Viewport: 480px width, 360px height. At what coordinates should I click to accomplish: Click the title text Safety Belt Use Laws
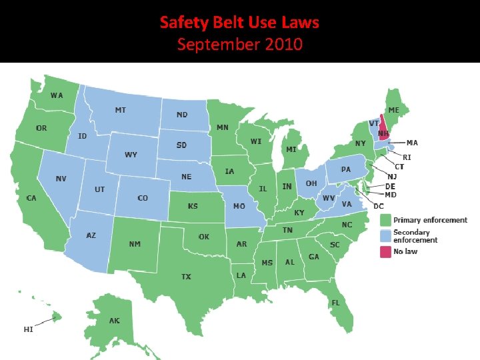pyautogui.click(x=239, y=23)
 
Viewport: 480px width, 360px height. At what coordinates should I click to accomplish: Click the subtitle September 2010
pyautogui.click(x=239, y=45)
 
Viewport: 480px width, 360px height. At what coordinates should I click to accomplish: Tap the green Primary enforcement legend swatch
pyautogui.click(x=385, y=220)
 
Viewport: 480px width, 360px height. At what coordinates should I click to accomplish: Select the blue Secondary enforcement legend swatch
pyautogui.click(x=385, y=236)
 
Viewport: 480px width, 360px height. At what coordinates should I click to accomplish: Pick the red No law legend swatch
pyautogui.click(x=385, y=252)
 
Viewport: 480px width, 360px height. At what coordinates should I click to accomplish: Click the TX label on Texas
pyautogui.click(x=187, y=276)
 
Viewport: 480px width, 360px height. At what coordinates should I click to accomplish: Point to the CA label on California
pyautogui.click(x=31, y=198)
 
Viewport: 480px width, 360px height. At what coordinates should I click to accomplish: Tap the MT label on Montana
pyautogui.click(x=121, y=110)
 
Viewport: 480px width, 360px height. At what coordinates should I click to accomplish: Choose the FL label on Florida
pyautogui.click(x=336, y=302)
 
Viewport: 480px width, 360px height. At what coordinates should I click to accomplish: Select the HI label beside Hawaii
pyautogui.click(x=29, y=329)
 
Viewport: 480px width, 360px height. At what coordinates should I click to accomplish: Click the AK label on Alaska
pyautogui.click(x=115, y=321)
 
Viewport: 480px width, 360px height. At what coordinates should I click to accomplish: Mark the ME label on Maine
pyautogui.click(x=394, y=110)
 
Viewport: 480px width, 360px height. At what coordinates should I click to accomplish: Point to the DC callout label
pyautogui.click(x=379, y=206)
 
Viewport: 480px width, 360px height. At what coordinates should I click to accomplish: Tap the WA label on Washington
pyautogui.click(x=57, y=95)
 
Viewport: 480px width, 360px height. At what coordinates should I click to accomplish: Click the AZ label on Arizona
pyautogui.click(x=91, y=235)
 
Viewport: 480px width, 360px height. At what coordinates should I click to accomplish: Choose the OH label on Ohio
pyautogui.click(x=311, y=183)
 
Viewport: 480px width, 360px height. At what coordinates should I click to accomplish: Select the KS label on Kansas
pyautogui.click(x=193, y=206)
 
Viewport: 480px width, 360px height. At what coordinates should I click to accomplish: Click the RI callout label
pyautogui.click(x=407, y=157)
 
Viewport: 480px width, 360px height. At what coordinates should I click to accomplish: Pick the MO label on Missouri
pyautogui.click(x=239, y=207)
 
